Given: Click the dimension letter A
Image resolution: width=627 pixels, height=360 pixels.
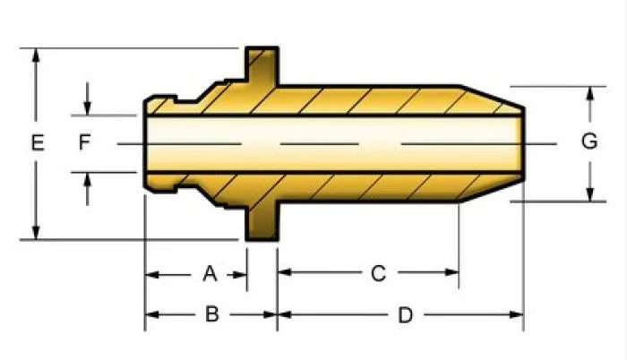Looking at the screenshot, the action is click(210, 274).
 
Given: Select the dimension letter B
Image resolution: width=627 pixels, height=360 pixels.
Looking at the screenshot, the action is click(212, 314).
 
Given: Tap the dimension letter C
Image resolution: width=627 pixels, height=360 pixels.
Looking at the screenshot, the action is click(378, 274).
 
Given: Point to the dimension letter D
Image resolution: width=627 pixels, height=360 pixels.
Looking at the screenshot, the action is click(405, 315).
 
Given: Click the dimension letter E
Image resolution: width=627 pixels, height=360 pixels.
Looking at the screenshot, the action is click(38, 142).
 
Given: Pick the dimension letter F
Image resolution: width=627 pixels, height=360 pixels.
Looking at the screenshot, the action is click(84, 142).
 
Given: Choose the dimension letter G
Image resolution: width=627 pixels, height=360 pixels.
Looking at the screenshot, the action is click(589, 141).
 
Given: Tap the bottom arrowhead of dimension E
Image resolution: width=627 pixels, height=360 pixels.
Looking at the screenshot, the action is click(36, 233).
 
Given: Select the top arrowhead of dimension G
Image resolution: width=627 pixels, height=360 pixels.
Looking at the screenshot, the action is click(589, 93).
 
